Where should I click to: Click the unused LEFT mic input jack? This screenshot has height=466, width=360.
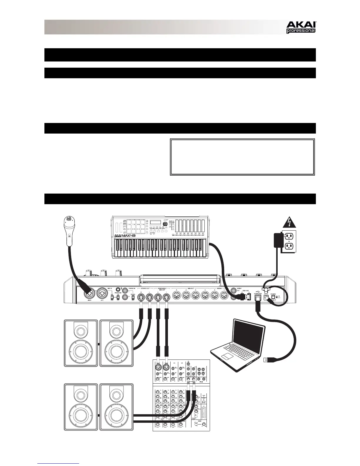pos(102,294)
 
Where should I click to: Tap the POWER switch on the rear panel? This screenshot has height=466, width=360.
pos(273,297)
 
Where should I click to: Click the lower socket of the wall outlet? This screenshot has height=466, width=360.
pos(289,246)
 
